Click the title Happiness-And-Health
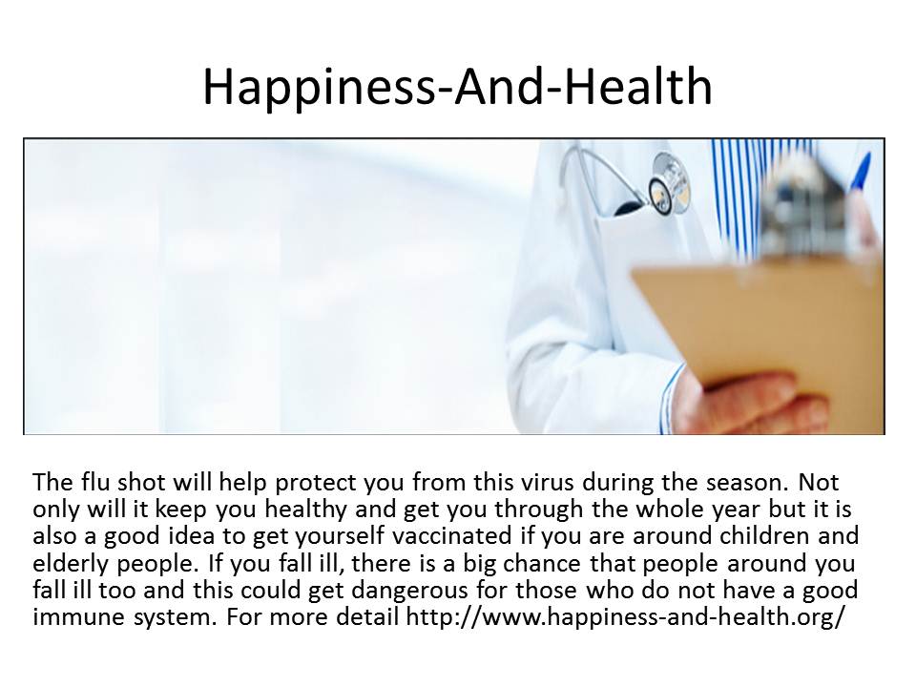tap(457, 87)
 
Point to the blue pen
tap(859, 176)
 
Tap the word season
tap(744, 483)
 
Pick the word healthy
tap(306, 510)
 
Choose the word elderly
tap(72, 564)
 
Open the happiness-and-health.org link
tap(626, 617)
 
